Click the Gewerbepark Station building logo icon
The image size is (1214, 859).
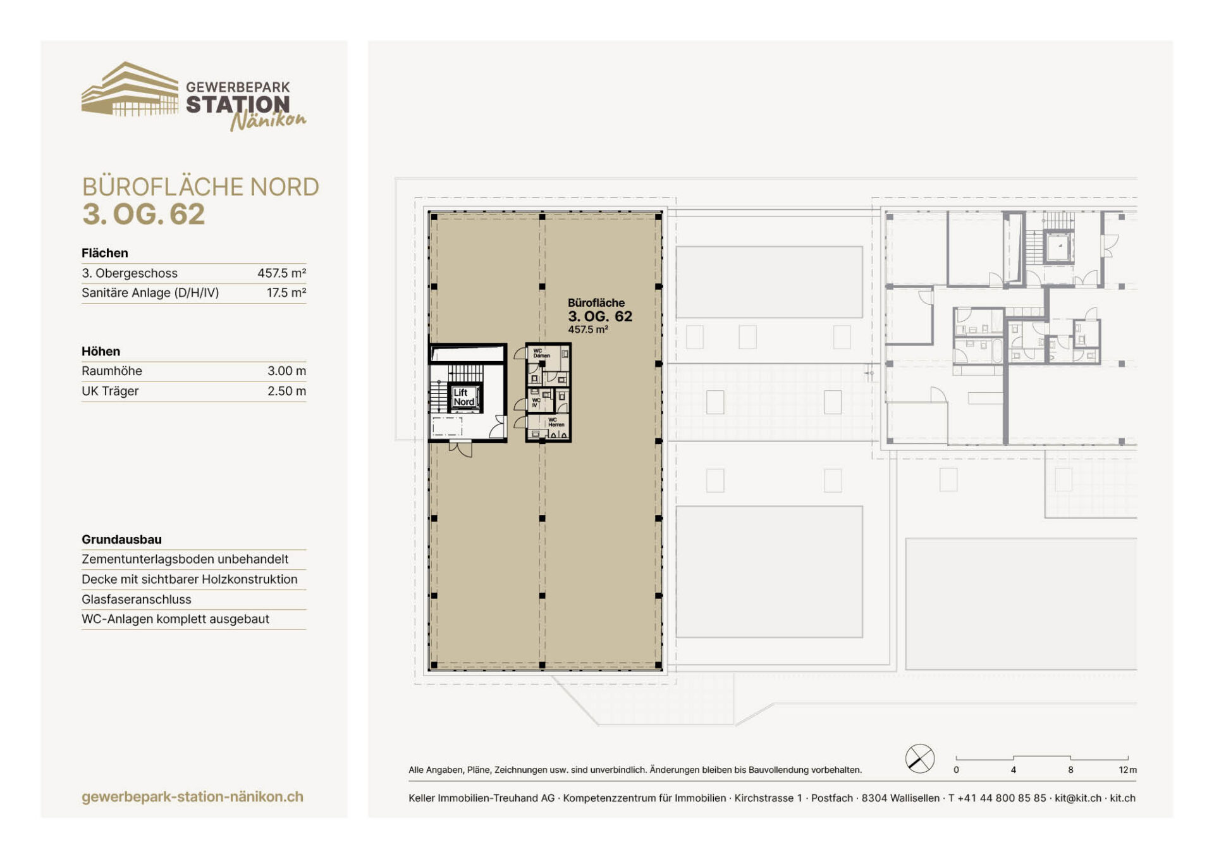tap(130, 89)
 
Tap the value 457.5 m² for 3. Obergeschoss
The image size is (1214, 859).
tap(281, 273)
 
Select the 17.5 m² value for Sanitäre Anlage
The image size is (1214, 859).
tap(286, 293)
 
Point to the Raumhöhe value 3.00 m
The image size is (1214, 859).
tap(286, 371)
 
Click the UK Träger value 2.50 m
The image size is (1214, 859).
tap(286, 391)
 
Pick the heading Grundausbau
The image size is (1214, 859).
tap(121, 540)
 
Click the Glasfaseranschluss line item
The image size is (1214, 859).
tap(137, 599)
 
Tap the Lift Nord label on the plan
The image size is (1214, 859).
tap(463, 397)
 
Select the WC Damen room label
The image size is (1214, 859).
tap(541, 353)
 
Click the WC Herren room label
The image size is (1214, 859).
tap(556, 422)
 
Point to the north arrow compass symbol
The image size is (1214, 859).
tap(920, 758)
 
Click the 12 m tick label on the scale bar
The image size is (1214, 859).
tap(1127, 770)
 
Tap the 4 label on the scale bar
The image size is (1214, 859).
tap(1013, 770)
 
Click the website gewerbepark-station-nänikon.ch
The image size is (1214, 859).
tap(192, 797)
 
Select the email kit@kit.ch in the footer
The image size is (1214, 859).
tap(1078, 798)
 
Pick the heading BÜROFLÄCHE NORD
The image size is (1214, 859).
tap(200, 187)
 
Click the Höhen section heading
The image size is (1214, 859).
tap(101, 352)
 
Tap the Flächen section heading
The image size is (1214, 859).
tap(105, 253)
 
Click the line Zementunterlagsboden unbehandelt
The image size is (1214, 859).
tap(185, 559)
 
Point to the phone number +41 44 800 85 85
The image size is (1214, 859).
tap(1002, 798)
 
